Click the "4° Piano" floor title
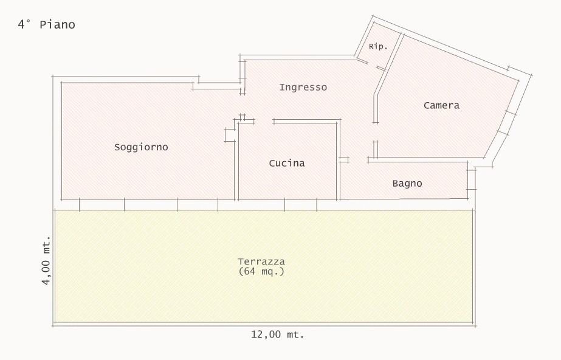[x=47, y=25]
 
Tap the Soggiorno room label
[x=141, y=147]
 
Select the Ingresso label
[x=303, y=88]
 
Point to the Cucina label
[x=287, y=163]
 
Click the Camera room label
[x=441, y=106]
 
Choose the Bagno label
[x=407, y=184]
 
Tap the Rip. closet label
[x=378, y=47]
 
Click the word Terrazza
[x=261, y=261]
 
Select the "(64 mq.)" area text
[x=261, y=271]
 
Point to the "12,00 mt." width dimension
[x=277, y=334]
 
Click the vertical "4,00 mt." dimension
[x=46, y=260]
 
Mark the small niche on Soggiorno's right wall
[x=230, y=134]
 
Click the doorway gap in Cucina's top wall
[x=264, y=121]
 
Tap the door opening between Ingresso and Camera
[x=375, y=132]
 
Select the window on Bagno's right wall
[x=472, y=179]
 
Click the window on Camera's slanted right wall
[x=507, y=123]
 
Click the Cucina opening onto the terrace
[x=300, y=204]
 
